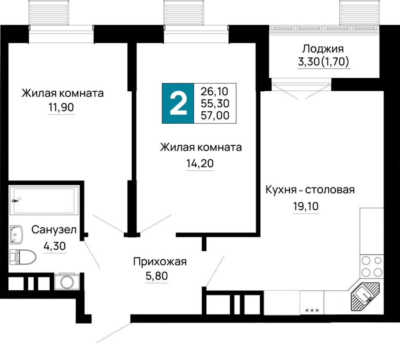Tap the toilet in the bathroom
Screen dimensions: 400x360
(23, 257)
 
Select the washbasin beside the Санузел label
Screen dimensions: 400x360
(16, 234)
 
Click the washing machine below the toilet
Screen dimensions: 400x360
(67, 281)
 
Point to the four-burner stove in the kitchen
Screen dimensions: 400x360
(372, 267)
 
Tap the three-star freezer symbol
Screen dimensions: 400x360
(312, 310)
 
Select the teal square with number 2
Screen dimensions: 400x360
(178, 103)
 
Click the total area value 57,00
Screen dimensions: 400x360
(215, 116)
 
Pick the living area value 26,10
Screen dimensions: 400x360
(215, 91)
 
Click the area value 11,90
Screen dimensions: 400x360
(61, 107)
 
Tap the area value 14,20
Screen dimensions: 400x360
(200, 163)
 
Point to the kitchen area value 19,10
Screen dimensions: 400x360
(306, 206)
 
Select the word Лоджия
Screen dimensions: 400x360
(323, 49)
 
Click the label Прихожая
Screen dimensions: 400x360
(160, 262)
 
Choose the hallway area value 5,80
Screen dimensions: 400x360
(157, 276)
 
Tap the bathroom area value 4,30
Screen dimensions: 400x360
(55, 246)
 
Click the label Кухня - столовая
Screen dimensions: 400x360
(310, 190)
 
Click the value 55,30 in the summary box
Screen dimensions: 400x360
(215, 103)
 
